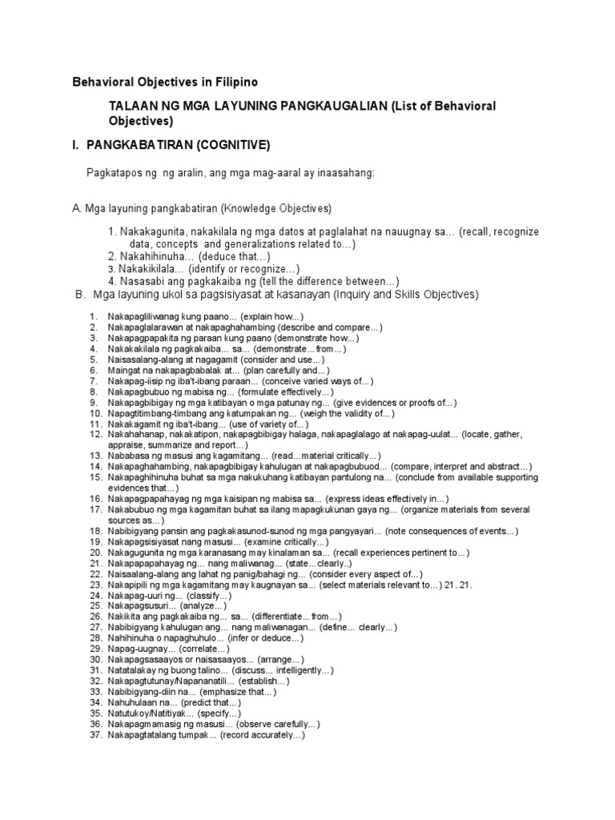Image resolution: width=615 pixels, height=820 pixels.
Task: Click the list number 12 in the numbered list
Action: pos(94,433)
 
